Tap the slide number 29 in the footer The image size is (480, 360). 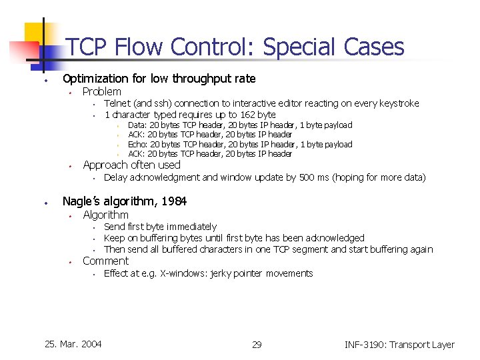tap(257, 345)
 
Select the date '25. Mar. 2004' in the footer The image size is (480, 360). tap(73, 344)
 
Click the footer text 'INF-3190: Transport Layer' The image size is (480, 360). tap(399, 345)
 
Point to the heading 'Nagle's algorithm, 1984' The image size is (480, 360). tap(124, 201)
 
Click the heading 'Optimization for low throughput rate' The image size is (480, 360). tap(159, 79)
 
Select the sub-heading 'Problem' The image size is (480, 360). tap(101, 91)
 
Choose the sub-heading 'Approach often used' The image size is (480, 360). tap(131, 165)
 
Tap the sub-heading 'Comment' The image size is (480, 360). tap(105, 261)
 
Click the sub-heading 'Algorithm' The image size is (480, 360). tap(105, 215)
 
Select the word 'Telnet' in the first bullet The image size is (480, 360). tap(117, 103)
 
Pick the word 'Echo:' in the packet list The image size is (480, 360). tap(138, 144)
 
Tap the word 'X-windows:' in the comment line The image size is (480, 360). tap(183, 273)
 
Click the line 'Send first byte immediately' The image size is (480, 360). tap(161, 227)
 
